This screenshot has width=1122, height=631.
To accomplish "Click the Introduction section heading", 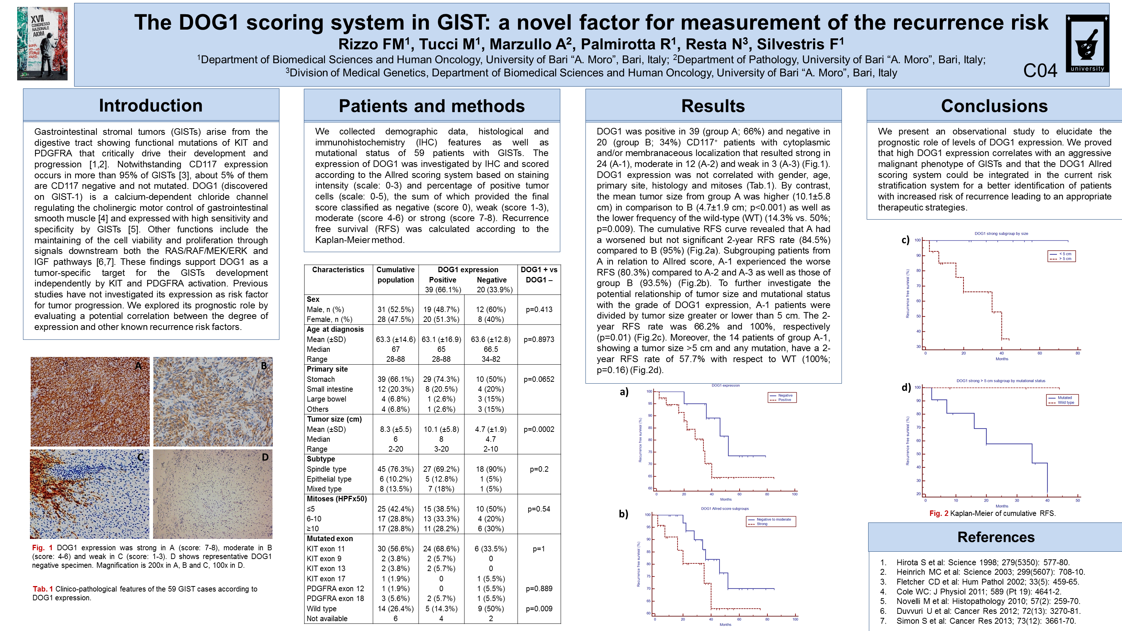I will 151,106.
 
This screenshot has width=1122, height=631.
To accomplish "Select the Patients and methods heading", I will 432,106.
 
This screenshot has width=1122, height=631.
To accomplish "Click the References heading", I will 996,537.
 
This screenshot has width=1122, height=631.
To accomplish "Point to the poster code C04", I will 1040,71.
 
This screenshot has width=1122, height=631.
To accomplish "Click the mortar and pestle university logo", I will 1087,43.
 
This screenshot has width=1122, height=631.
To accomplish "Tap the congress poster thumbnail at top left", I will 42,43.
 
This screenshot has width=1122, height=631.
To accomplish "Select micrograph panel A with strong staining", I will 90,401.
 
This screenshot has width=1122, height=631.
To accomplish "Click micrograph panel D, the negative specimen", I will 213,494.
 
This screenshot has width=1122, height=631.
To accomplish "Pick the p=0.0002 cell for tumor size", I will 539,429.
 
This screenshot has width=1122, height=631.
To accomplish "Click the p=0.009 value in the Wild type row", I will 539,608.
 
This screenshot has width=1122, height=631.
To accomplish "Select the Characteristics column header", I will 338,270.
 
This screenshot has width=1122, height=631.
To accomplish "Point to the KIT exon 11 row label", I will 325,549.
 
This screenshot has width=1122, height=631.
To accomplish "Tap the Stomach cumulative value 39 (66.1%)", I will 396,379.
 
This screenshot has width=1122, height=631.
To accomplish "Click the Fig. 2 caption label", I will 939,513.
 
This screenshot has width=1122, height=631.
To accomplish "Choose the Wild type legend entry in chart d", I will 1066,402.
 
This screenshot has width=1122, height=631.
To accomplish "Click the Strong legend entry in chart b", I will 762,524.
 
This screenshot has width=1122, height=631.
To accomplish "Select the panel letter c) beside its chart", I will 905,240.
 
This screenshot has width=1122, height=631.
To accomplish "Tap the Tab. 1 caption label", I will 43,589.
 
